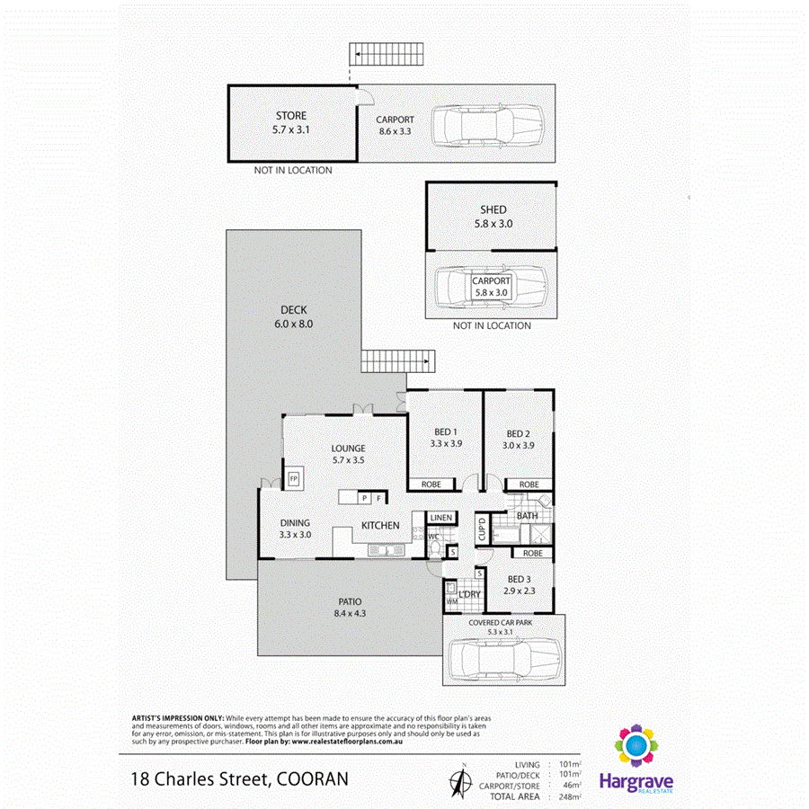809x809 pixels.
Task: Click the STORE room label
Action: [289, 116]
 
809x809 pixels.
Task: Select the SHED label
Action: [493, 209]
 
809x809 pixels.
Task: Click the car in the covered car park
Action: [503, 657]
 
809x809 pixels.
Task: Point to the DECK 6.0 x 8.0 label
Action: [293, 310]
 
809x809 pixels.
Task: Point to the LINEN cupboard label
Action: [440, 518]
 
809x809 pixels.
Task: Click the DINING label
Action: [295, 523]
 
